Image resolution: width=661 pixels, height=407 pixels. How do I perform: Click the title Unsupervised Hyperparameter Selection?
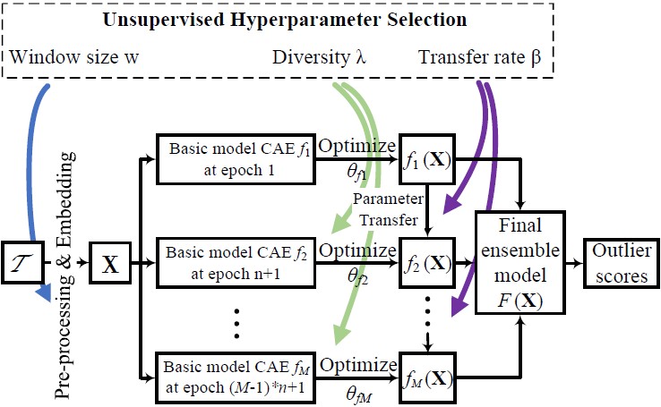tap(331, 20)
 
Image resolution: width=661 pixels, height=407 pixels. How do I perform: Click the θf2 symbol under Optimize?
tap(364, 279)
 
